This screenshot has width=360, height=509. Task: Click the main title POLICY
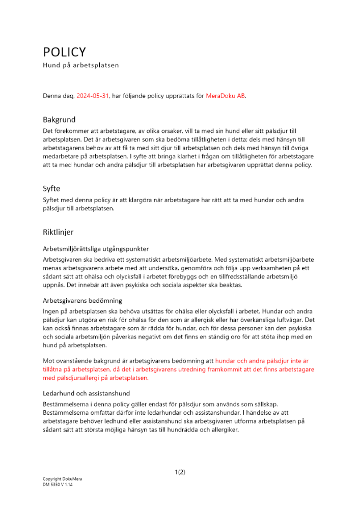coord(64,52)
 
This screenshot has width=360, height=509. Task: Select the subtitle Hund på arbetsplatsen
coord(80,65)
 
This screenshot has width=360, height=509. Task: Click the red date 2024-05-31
coord(93,96)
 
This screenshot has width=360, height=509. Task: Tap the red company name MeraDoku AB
coord(226,96)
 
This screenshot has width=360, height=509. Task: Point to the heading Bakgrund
coord(59,120)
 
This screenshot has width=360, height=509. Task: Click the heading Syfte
coord(51,188)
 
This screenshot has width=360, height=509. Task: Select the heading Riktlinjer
coord(58,232)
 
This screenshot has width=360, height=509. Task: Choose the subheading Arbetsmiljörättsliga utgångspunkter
coord(96,249)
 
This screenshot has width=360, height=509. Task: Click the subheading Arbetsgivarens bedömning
coord(82,300)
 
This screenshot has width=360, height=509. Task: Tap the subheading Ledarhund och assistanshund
coord(86,393)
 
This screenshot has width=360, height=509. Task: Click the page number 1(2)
coord(180,472)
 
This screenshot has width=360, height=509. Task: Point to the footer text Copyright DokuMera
coord(62,479)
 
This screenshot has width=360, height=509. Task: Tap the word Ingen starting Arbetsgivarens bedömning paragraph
coord(51,311)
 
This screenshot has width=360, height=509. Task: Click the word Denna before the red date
coord(52,96)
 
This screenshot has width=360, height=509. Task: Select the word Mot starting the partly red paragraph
coord(48,361)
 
